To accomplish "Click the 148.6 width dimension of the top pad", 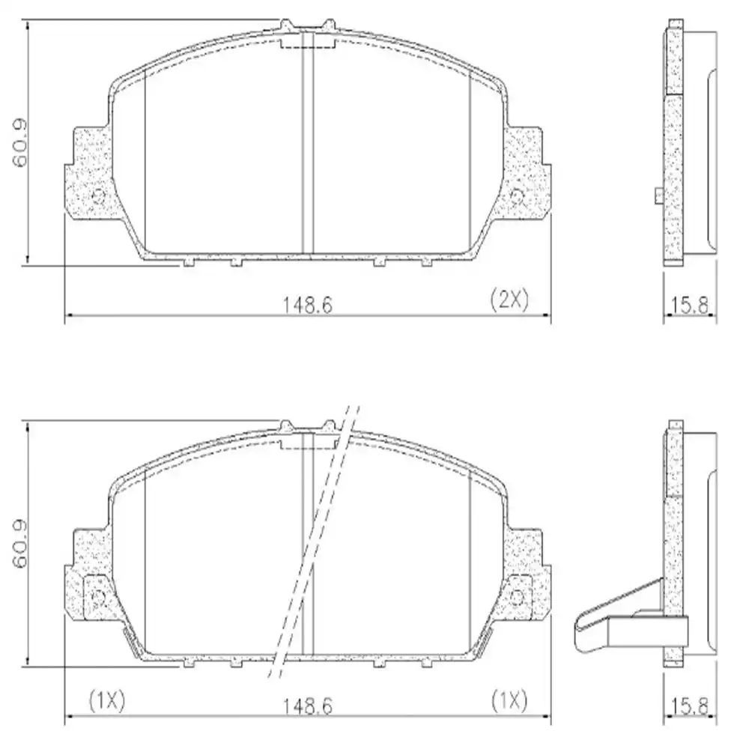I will click(306, 303).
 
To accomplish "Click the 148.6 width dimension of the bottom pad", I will click(306, 705).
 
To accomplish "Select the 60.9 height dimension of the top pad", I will click(20, 142).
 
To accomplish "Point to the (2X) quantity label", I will click(509, 300).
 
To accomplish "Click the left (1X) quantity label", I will click(107, 700).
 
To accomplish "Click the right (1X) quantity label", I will click(509, 700).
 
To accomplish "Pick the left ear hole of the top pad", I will click(97, 196).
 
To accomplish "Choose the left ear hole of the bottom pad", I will click(97, 597).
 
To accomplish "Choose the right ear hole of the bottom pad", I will click(517, 597).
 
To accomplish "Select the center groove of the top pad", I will click(307, 142).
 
